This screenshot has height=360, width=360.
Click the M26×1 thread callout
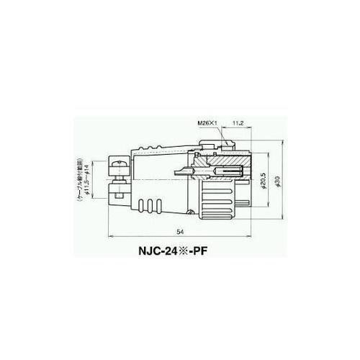pos(208,123)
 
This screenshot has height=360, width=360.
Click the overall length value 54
pos(179,230)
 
